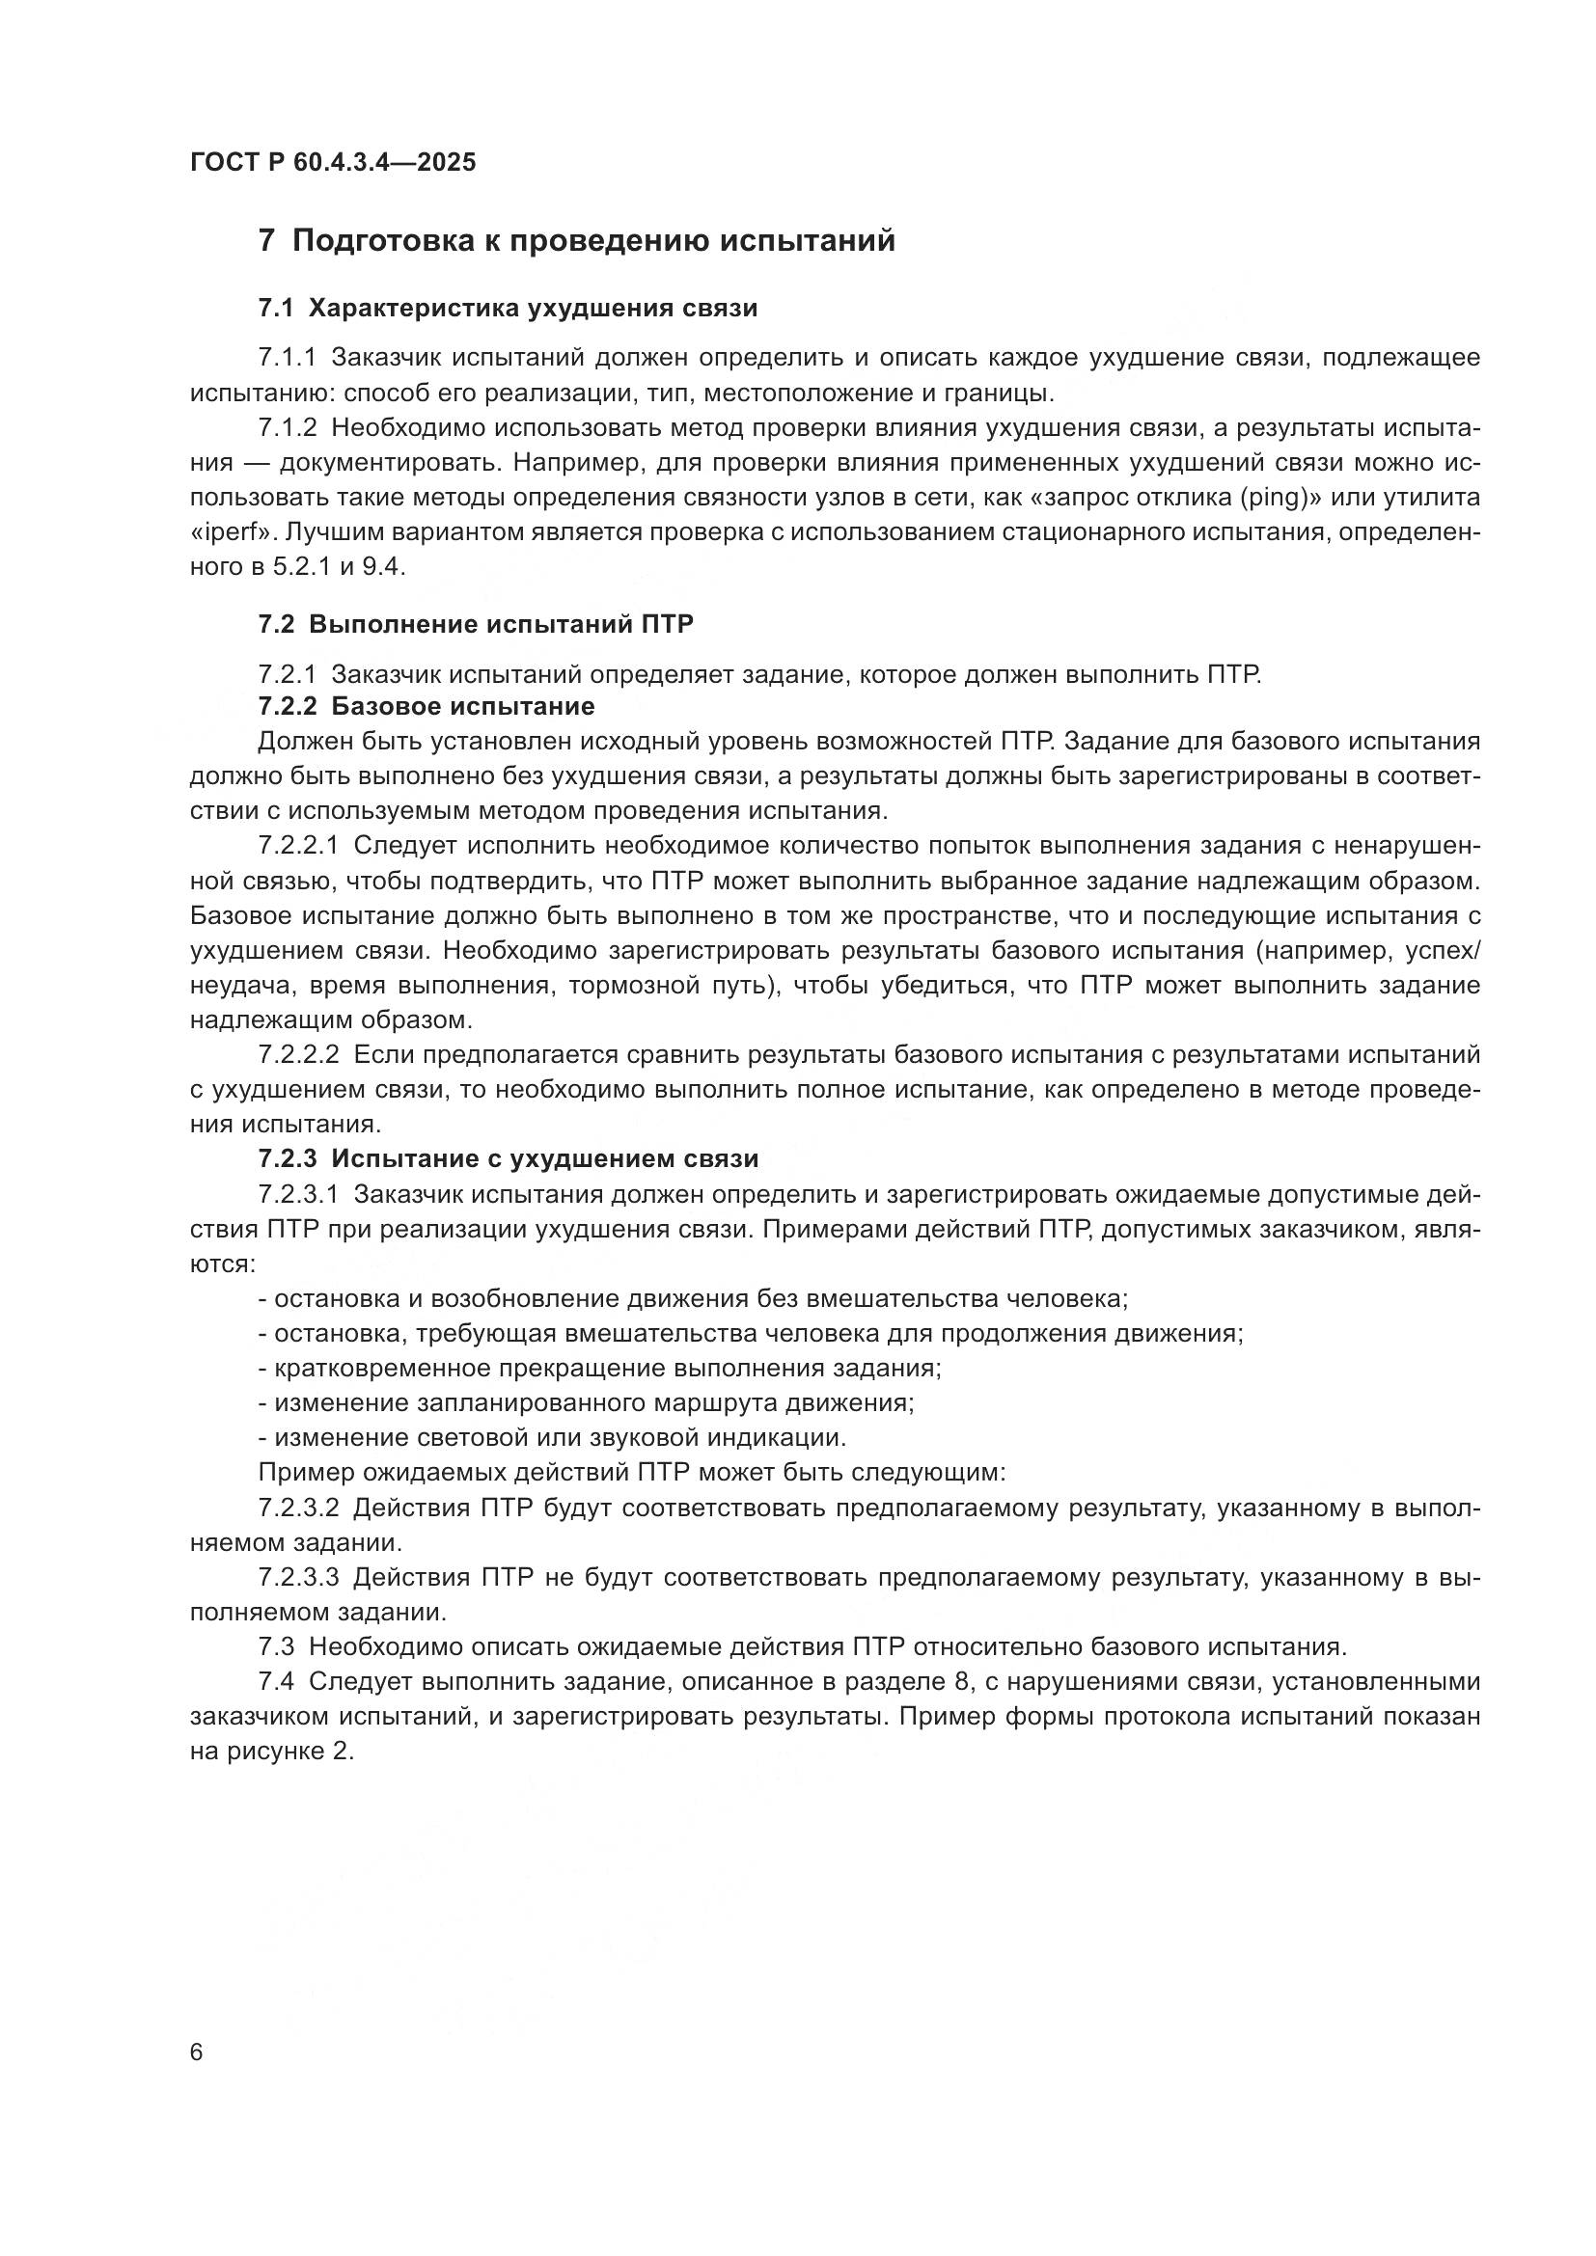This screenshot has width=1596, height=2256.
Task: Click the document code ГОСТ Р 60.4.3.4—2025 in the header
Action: click(x=332, y=162)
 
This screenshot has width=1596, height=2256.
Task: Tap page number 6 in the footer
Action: click(x=197, y=2052)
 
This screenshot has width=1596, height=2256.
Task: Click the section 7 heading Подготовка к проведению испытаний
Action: click(x=577, y=240)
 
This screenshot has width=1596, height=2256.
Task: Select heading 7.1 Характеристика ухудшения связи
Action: click(x=509, y=309)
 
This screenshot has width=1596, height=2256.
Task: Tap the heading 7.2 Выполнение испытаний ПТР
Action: click(x=476, y=624)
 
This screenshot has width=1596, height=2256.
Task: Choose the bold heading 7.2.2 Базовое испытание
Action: click(x=427, y=706)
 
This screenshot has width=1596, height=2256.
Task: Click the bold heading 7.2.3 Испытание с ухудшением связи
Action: click(x=509, y=1158)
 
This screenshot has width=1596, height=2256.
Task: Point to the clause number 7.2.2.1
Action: click(x=298, y=846)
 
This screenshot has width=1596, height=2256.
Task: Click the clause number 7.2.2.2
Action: click(x=298, y=1054)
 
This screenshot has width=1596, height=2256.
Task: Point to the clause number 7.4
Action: click(x=275, y=1681)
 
